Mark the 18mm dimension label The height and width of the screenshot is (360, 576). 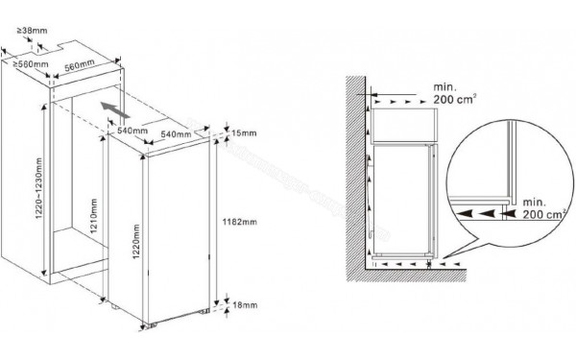tap(240, 304)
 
